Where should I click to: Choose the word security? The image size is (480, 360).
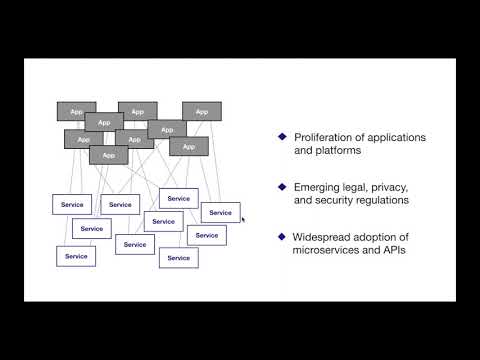[x=337, y=201]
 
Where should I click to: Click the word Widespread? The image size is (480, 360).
[x=323, y=237]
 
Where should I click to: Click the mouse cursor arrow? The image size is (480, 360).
[x=243, y=218]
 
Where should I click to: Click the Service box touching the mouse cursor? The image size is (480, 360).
[x=220, y=212]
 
